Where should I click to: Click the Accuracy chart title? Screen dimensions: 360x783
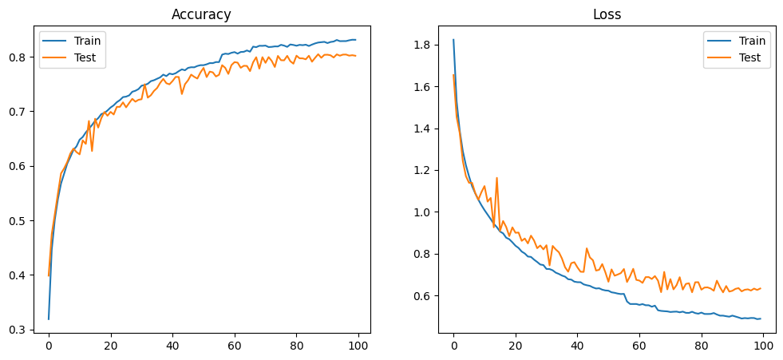pos(201,14)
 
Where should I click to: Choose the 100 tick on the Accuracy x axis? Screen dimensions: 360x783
pos(358,346)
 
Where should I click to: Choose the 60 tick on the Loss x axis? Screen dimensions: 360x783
pos(639,346)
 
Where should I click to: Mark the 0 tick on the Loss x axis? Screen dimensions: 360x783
pos(453,346)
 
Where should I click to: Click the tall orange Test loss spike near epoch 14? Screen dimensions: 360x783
pos(496,178)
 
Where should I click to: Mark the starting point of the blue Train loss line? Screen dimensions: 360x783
pos(453,40)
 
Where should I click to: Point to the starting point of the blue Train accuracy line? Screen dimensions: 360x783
pos(49,319)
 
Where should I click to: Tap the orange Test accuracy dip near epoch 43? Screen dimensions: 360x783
pos(182,94)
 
